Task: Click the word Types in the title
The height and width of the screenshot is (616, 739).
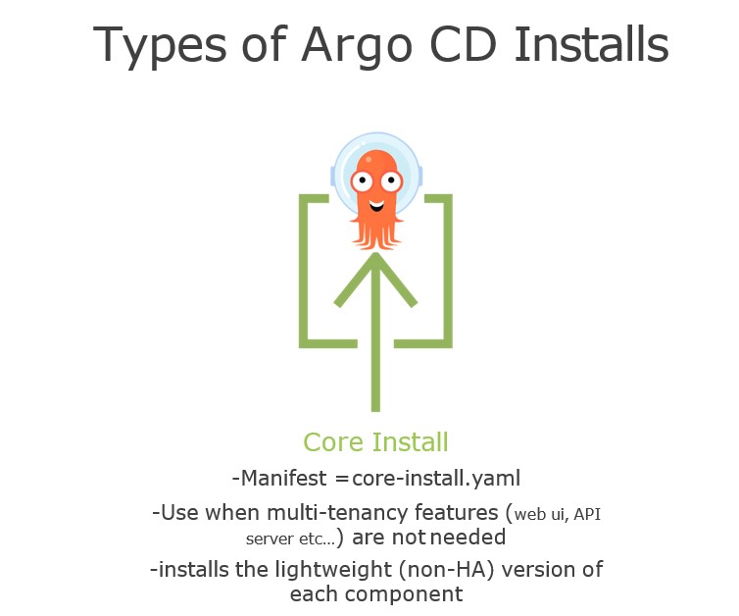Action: [160, 46]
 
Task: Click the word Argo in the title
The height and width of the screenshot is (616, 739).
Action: [357, 46]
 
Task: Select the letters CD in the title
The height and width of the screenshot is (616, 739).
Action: [464, 44]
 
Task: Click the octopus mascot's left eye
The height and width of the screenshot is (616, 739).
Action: [362, 180]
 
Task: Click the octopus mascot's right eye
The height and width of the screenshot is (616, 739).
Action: [391, 180]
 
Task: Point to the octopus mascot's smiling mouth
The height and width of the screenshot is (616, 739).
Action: [376, 205]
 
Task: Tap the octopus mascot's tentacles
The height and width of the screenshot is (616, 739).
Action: [376, 234]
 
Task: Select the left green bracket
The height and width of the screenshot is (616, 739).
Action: [304, 271]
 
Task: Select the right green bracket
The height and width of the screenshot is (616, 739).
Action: [447, 271]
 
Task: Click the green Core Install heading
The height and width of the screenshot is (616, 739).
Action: [375, 442]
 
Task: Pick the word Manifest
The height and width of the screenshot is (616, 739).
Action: [283, 479]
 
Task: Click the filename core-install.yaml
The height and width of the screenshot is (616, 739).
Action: [436, 480]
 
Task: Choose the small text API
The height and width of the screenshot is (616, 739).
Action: [587, 514]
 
